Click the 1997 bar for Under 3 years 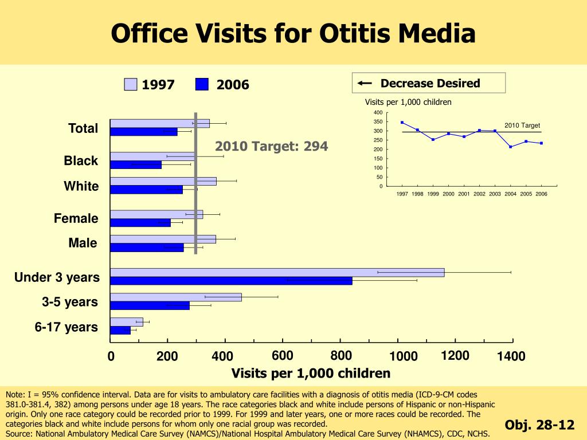pyautogui.click(x=277, y=273)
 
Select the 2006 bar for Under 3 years pyautogui.click(x=231, y=281)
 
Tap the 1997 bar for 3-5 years pyautogui.click(x=175, y=297)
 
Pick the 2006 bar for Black pyautogui.click(x=136, y=165)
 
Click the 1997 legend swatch pyautogui.click(x=131, y=85)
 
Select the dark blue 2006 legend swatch pyautogui.click(x=202, y=85)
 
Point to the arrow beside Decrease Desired pyautogui.click(x=364, y=84)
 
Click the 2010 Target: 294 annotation pyautogui.click(x=272, y=147)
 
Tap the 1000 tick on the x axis pyautogui.click(x=404, y=357)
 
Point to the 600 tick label pyautogui.click(x=283, y=356)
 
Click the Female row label pyautogui.click(x=76, y=218)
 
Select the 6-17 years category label pyautogui.click(x=66, y=327)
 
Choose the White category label pyautogui.click(x=81, y=186)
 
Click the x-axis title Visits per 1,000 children pyautogui.click(x=311, y=374)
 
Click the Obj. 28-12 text pyautogui.click(x=539, y=425)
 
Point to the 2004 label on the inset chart pyautogui.click(x=510, y=194)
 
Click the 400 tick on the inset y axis pyautogui.click(x=377, y=112)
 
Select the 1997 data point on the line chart pyautogui.click(x=402, y=122)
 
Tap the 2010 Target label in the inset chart pyautogui.click(x=522, y=125)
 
